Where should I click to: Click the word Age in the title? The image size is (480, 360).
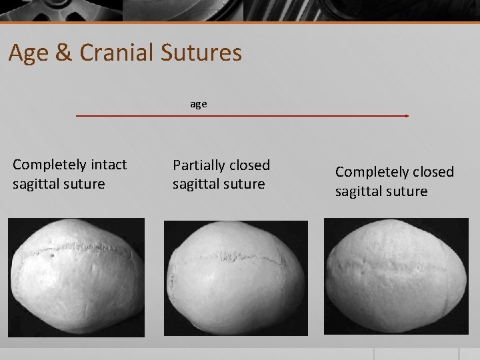(x=29, y=53)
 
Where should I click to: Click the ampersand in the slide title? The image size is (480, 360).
(x=64, y=53)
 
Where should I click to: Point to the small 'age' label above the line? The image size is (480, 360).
(x=199, y=104)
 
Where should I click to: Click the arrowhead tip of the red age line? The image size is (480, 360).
(x=407, y=116)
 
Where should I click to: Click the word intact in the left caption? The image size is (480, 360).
(x=109, y=165)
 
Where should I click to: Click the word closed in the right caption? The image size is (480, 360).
(x=433, y=172)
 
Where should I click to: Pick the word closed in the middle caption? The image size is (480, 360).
(x=249, y=165)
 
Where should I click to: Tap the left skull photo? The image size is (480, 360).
(x=76, y=277)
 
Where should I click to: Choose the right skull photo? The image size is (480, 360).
(x=396, y=276)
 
